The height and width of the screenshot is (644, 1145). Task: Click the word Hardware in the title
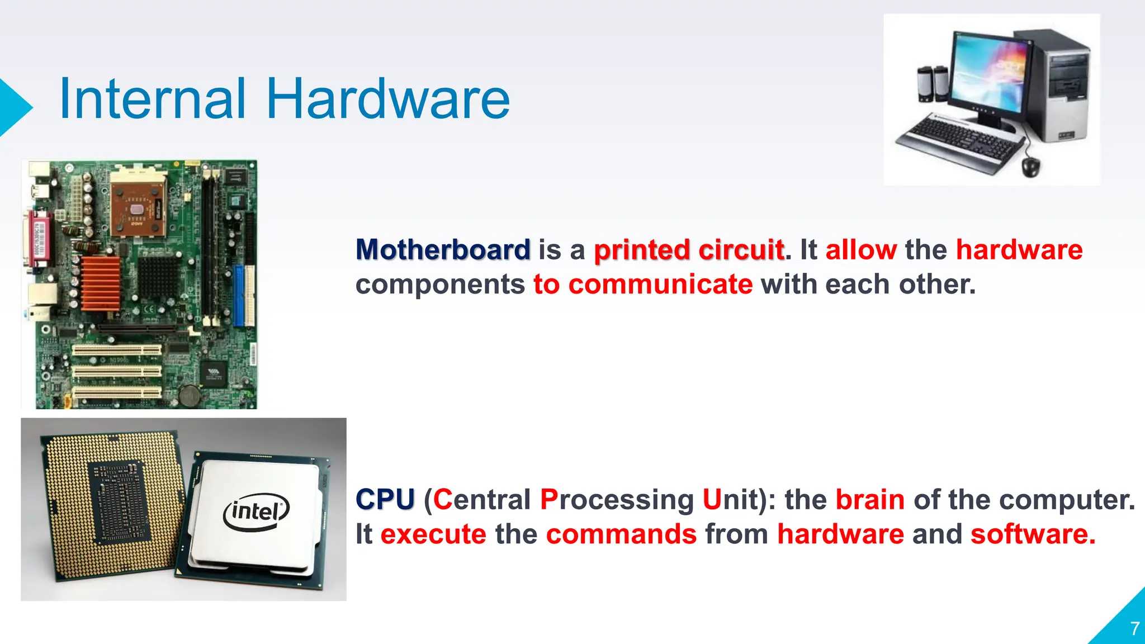click(387, 100)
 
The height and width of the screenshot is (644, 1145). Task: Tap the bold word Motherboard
click(443, 249)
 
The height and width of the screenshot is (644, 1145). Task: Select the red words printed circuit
click(689, 250)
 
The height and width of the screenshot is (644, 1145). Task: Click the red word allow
click(861, 249)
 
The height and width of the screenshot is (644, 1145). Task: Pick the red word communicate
click(660, 284)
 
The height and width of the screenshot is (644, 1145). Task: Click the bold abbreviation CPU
click(385, 499)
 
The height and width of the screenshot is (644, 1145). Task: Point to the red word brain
click(870, 499)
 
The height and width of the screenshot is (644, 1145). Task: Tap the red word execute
click(433, 534)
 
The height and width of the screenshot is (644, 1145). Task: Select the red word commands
click(621, 534)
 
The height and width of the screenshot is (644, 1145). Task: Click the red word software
click(1033, 534)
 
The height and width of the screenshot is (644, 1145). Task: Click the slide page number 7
click(1134, 628)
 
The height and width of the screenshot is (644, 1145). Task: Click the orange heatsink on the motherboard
click(101, 283)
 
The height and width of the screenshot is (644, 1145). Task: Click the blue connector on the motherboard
click(239, 296)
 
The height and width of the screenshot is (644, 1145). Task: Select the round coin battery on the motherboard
click(189, 395)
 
